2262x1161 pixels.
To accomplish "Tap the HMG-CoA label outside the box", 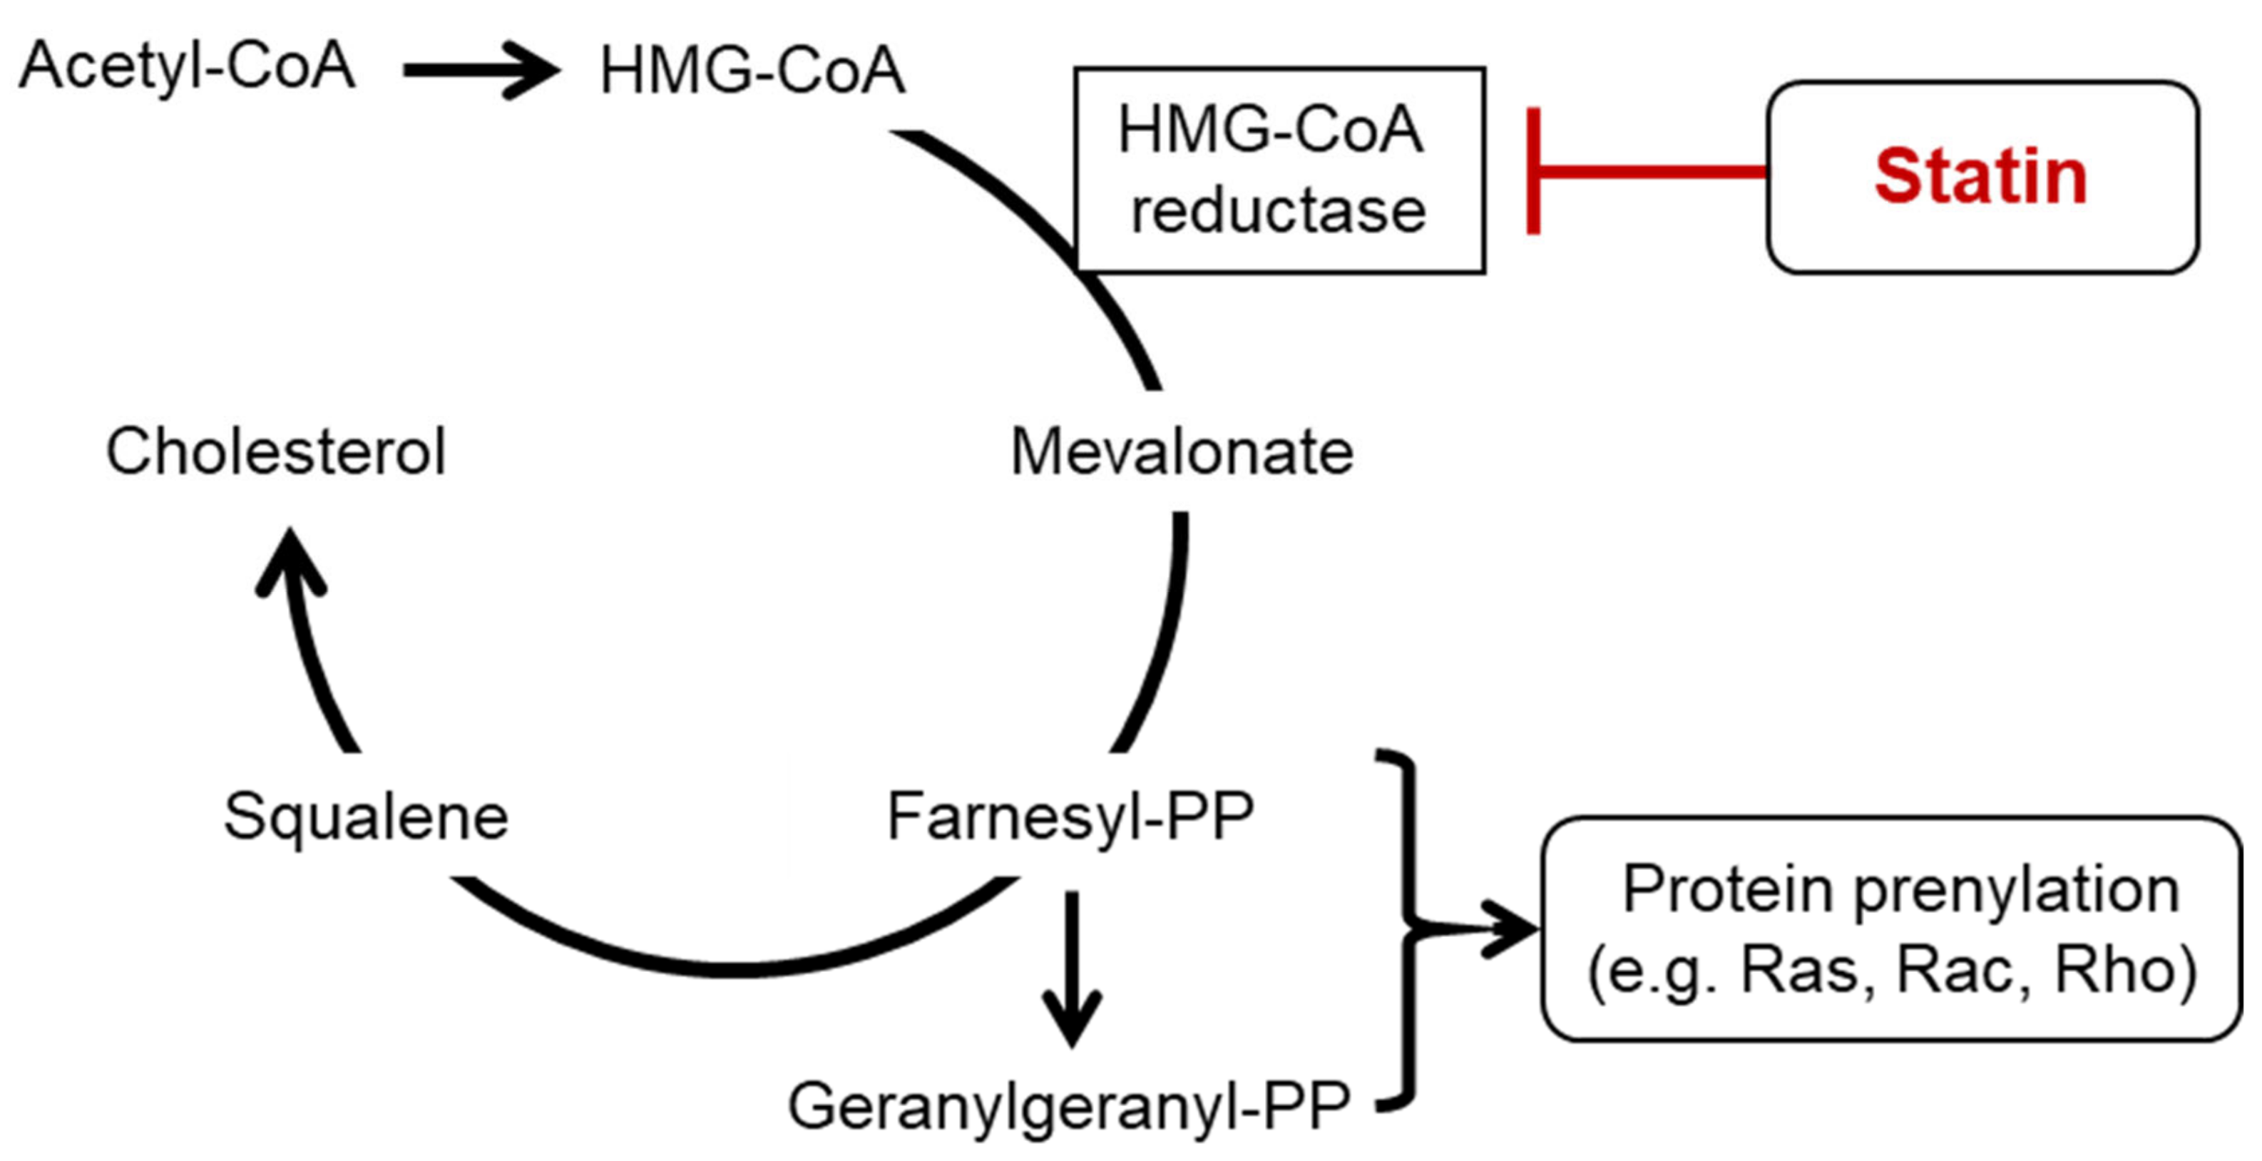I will click(x=752, y=71).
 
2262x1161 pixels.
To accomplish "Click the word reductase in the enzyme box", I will click(x=1279, y=212).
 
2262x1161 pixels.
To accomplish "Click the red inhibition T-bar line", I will click(x=1642, y=171).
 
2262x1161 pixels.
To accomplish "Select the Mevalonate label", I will click(x=1181, y=451).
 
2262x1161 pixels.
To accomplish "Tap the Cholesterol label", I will click(x=276, y=451).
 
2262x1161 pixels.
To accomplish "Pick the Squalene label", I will click(x=366, y=816).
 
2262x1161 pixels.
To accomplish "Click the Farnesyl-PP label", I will click(x=1070, y=816).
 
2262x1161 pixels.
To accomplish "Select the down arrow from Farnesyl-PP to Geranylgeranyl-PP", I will click(x=1072, y=966).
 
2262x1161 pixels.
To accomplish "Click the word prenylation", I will click(x=2017, y=891).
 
